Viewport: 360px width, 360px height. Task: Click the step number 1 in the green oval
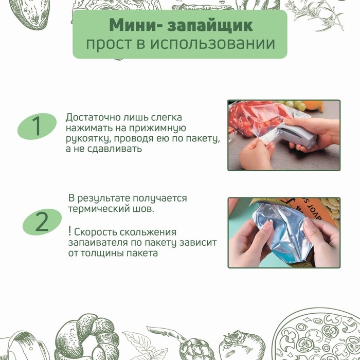click(37, 127)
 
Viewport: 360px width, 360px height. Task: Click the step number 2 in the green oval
click(42, 222)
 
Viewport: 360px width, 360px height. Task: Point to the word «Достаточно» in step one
click(95, 118)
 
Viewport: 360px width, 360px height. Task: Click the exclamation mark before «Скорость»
click(69, 231)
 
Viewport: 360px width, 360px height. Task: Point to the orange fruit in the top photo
click(317, 106)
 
